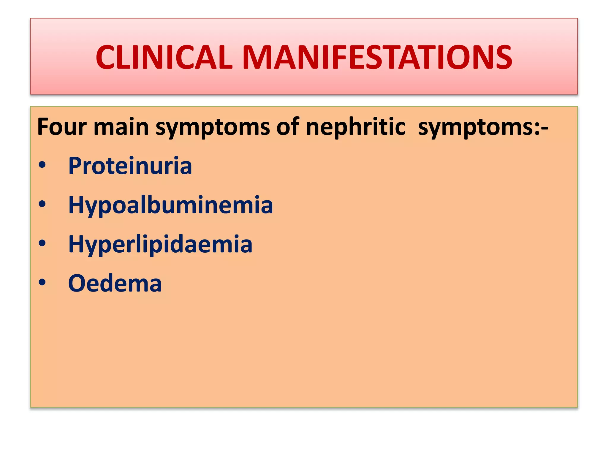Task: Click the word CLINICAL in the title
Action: tap(164, 58)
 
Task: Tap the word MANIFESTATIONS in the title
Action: tap(377, 58)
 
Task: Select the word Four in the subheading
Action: tap(62, 127)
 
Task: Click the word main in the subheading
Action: tap(121, 127)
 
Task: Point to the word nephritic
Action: tap(356, 127)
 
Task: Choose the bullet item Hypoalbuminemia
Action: tap(170, 205)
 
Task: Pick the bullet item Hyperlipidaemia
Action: tap(160, 245)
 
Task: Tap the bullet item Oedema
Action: tap(115, 284)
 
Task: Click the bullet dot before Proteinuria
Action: tap(42, 165)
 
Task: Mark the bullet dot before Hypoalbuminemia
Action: tap(42, 204)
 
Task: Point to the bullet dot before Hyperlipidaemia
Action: tap(42, 243)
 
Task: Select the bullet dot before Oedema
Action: tap(42, 283)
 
